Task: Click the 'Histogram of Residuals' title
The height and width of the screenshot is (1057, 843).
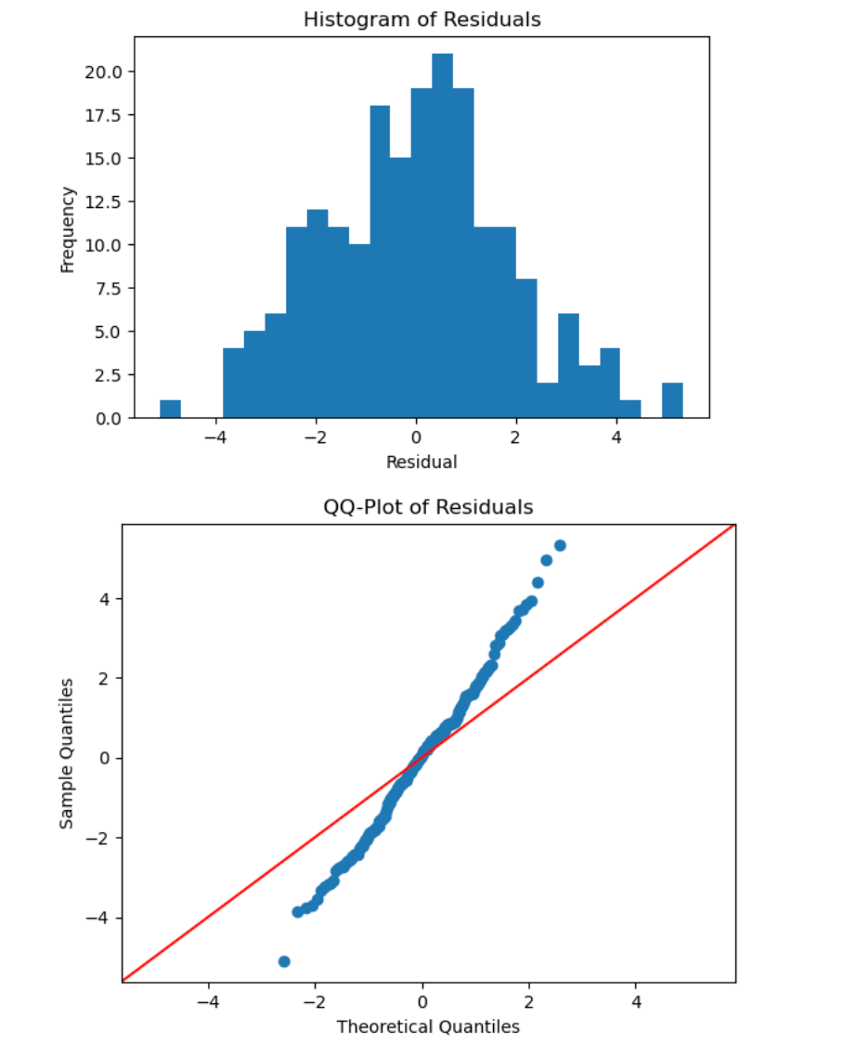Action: click(x=421, y=20)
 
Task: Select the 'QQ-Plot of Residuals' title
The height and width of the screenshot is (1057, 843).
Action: click(x=428, y=507)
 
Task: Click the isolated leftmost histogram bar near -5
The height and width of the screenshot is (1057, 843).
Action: click(x=170, y=409)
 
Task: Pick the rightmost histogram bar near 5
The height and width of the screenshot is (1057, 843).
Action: click(x=672, y=400)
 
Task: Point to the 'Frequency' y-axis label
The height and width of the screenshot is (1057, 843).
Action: click(x=67, y=229)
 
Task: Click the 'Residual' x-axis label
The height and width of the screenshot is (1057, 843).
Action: click(x=421, y=462)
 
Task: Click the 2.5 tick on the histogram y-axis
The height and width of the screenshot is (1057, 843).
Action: click(x=108, y=375)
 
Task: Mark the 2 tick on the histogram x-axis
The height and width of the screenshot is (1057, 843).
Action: click(x=517, y=437)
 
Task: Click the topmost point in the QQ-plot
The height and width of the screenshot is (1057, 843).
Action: click(x=560, y=545)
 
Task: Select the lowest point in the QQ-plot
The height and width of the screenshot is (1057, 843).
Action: click(x=284, y=961)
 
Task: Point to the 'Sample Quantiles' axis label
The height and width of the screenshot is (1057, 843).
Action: click(x=67, y=753)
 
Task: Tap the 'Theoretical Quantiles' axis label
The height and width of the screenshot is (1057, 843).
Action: click(x=428, y=1026)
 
